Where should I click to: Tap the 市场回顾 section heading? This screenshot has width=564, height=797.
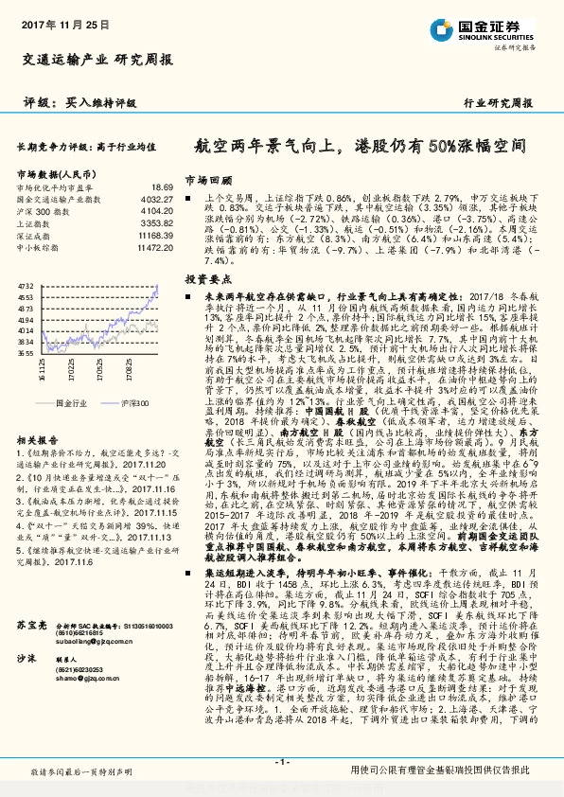[207, 178]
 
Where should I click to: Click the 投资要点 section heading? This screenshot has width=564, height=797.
[207, 280]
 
